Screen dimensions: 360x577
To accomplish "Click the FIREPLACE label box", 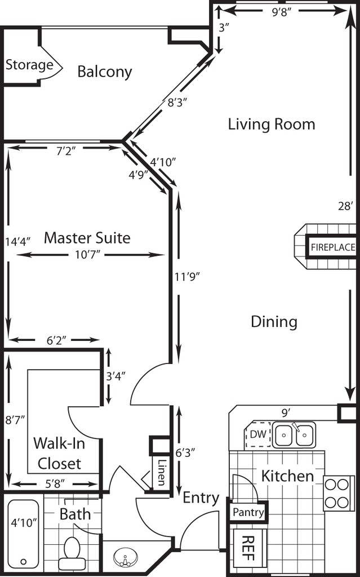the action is (x=332, y=247).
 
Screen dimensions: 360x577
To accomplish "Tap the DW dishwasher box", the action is (x=257, y=434).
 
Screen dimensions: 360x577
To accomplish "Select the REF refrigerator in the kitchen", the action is (x=247, y=548).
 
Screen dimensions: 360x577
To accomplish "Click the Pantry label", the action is (x=248, y=512).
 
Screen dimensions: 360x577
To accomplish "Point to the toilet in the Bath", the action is (x=72, y=554).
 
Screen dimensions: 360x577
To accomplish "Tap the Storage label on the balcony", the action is (x=29, y=65).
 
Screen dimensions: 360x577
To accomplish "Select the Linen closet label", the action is (x=161, y=472).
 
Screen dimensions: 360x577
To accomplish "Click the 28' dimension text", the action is (x=346, y=206).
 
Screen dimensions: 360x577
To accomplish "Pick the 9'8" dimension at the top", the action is (x=282, y=12).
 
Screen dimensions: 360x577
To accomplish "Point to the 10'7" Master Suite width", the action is (x=88, y=255).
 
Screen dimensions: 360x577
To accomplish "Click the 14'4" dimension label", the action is (x=17, y=241).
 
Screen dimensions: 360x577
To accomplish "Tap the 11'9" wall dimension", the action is (x=187, y=277).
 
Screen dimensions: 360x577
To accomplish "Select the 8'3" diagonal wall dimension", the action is (x=177, y=103).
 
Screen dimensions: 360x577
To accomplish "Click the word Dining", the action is (x=274, y=322).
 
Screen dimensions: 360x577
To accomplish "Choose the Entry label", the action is (x=201, y=498).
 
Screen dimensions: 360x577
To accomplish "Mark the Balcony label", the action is (x=105, y=72).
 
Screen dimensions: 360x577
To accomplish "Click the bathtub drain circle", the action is (x=24, y=562).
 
